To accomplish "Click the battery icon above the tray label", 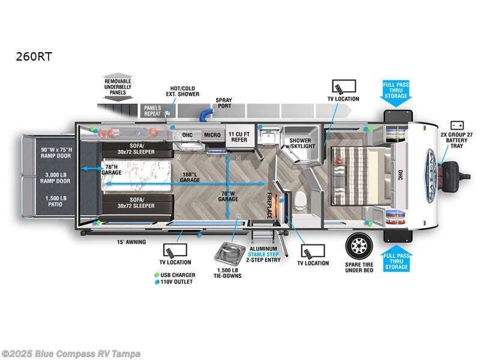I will coord(457,125).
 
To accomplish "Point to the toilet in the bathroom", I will coord(301,199).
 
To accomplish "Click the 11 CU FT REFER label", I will coord(239,136).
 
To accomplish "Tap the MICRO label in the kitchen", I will coord(211,136).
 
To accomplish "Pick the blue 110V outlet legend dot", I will coord(156,281).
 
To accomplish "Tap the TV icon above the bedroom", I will coord(343,86).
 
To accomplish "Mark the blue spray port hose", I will coord(208,113).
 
